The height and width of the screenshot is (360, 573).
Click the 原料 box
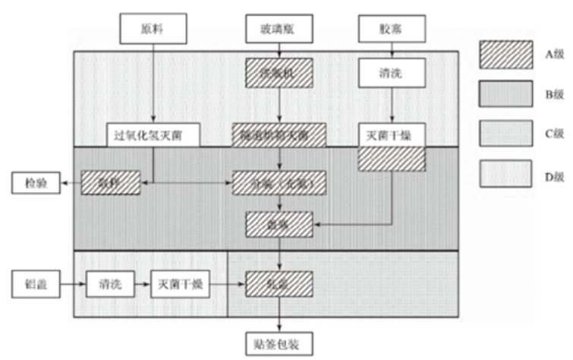click(153, 30)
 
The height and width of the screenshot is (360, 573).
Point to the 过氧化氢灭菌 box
click(153, 135)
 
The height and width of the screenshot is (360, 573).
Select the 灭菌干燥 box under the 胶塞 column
click(390, 135)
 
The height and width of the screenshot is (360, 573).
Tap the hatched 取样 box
click(111, 182)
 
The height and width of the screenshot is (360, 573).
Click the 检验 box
click(34, 182)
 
